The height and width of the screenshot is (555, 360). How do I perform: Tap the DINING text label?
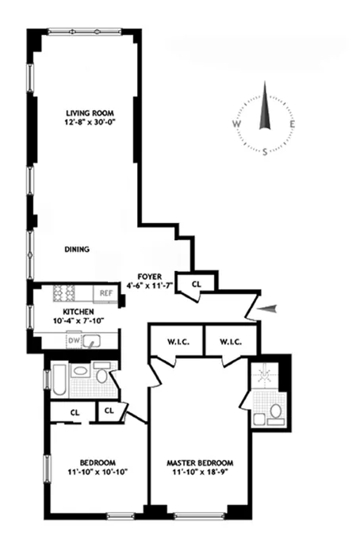coord(77,249)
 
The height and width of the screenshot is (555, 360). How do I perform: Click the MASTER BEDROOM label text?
coord(197,461)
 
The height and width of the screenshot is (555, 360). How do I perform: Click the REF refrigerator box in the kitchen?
coord(105,293)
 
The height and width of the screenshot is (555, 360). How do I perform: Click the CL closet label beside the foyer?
coord(196,281)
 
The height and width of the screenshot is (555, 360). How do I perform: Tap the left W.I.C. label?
coord(175,342)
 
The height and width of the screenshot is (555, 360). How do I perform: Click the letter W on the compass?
coord(236,124)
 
